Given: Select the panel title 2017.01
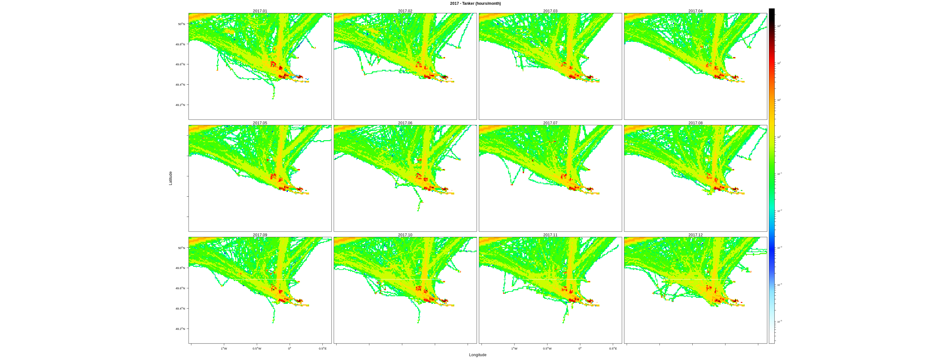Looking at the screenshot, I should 260,11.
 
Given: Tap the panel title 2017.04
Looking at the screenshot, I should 695,11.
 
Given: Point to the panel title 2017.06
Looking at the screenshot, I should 405,123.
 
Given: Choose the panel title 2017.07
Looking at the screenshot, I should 550,123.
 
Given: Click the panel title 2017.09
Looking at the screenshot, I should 260,235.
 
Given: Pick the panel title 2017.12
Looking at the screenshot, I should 695,235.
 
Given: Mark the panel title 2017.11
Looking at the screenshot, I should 550,235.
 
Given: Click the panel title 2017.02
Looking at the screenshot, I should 405,11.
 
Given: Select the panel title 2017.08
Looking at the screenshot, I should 695,123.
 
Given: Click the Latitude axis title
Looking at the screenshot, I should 171,178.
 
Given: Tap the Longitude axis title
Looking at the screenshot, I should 477,355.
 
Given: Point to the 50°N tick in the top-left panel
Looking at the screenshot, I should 181,24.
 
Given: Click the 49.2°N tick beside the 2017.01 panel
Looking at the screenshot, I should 180,105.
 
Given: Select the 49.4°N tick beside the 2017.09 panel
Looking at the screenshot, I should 180,309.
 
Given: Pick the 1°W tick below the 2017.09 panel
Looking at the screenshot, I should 224,349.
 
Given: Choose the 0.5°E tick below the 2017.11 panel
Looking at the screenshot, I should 613,349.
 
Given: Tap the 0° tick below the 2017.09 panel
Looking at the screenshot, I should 290,349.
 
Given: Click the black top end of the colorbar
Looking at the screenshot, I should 772,11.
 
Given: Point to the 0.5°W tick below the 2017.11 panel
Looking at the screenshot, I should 547,349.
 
